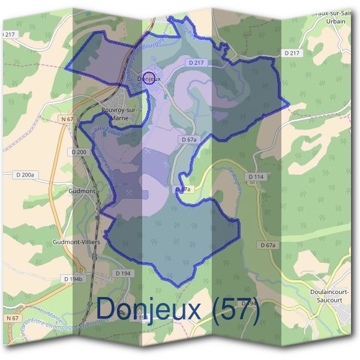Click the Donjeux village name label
[x=149, y=79]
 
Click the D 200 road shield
[x=79, y=152]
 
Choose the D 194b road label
[x=74, y=279]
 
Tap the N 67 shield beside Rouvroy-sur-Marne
[x=67, y=119]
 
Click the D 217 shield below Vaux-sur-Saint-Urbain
[x=291, y=53]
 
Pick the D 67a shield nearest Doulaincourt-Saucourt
[x=268, y=245]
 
